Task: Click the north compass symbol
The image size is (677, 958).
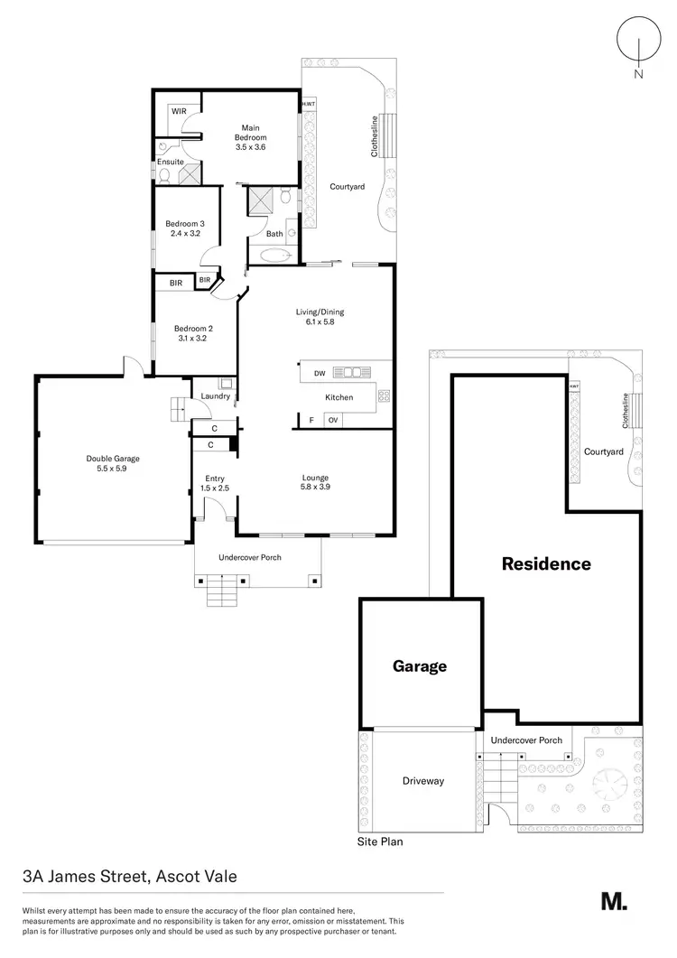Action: pyautogui.click(x=638, y=45)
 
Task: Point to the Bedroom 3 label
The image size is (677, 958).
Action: pyautogui.click(x=183, y=228)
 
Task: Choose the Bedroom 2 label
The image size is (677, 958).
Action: pyautogui.click(x=192, y=333)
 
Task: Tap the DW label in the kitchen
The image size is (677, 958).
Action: pyautogui.click(x=320, y=373)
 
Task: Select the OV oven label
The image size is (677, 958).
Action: pyautogui.click(x=333, y=420)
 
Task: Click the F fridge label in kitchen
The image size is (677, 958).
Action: pyautogui.click(x=311, y=420)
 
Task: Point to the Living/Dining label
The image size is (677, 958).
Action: pyautogui.click(x=320, y=317)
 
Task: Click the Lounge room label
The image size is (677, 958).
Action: pyautogui.click(x=315, y=483)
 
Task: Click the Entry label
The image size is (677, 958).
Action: pyautogui.click(x=214, y=483)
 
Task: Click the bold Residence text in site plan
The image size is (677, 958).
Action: pyautogui.click(x=546, y=564)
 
